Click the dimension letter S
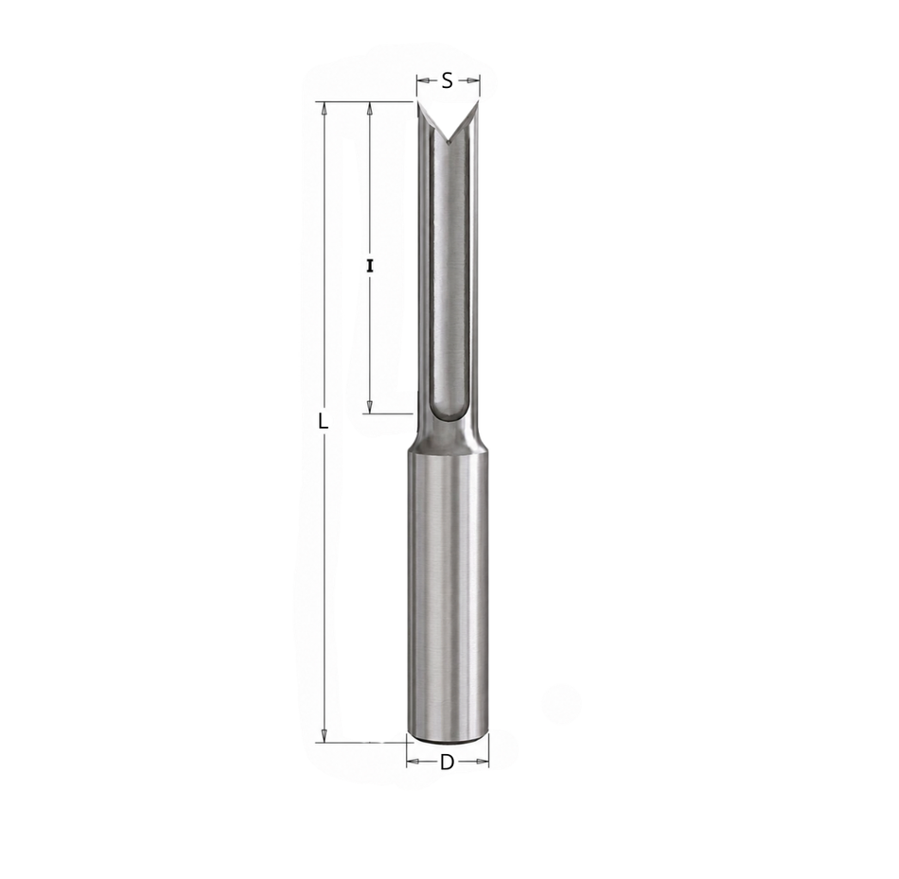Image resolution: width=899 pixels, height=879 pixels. pyautogui.click(x=448, y=80)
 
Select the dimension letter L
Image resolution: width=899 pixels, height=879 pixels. pyautogui.click(x=324, y=421)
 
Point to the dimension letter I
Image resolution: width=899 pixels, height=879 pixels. pyautogui.click(x=370, y=266)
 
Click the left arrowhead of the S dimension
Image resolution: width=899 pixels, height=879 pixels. pyautogui.click(x=423, y=80)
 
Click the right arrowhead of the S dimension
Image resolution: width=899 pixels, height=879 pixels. pyautogui.click(x=473, y=80)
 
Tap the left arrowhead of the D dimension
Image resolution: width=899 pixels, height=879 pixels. pyautogui.click(x=413, y=762)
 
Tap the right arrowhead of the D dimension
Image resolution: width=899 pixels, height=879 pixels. pyautogui.click(x=483, y=762)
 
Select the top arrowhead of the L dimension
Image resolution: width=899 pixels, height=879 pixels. pyautogui.click(x=324, y=109)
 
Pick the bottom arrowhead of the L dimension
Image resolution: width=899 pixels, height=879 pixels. pyautogui.click(x=324, y=735)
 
